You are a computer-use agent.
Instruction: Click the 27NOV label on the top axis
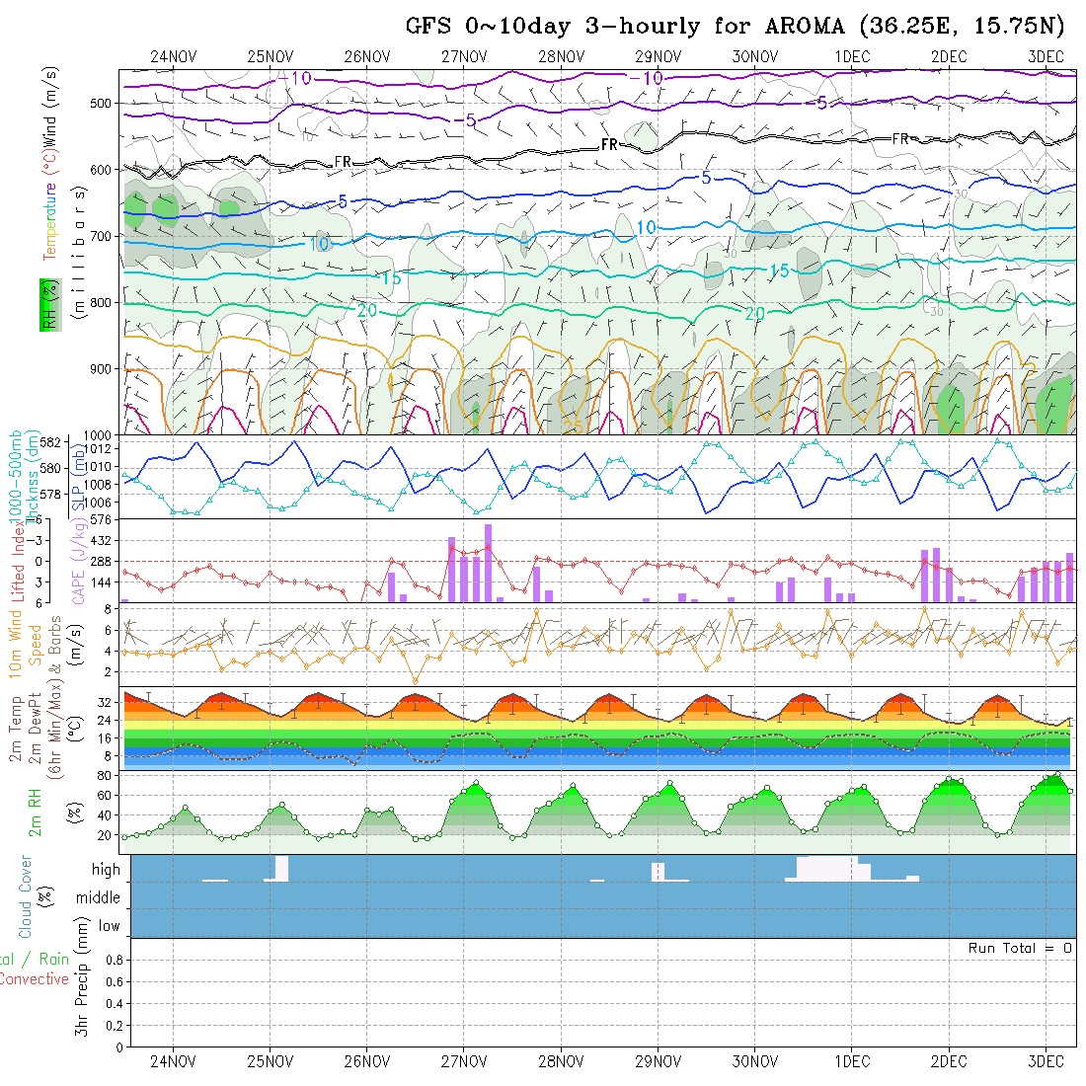point(464,56)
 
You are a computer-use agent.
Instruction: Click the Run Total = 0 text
point(1020,948)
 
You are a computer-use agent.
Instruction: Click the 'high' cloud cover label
point(106,870)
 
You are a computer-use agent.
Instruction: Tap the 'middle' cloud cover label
point(99,897)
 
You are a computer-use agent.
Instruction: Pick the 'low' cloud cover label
point(109,926)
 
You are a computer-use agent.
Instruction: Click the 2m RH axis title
point(36,813)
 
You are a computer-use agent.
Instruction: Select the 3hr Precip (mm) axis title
point(85,991)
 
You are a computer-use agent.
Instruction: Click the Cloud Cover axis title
point(26,896)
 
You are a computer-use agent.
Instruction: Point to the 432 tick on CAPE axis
point(104,540)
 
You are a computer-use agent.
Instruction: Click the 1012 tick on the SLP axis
point(104,450)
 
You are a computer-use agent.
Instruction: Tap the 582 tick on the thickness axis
point(53,441)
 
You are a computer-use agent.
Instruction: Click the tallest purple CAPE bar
point(488,563)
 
